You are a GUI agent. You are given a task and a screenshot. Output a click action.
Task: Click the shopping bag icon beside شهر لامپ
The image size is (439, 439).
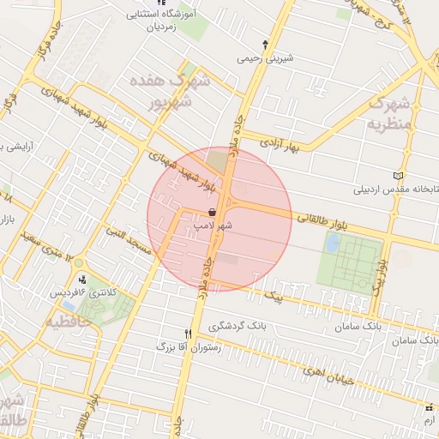click(x=213, y=212)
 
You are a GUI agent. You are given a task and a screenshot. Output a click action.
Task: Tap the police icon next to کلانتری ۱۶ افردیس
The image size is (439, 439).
click(x=82, y=279)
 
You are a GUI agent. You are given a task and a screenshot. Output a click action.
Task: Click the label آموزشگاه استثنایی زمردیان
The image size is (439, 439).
click(x=155, y=21)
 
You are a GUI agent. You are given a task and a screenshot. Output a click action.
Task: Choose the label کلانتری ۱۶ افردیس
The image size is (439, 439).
click(x=81, y=292)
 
